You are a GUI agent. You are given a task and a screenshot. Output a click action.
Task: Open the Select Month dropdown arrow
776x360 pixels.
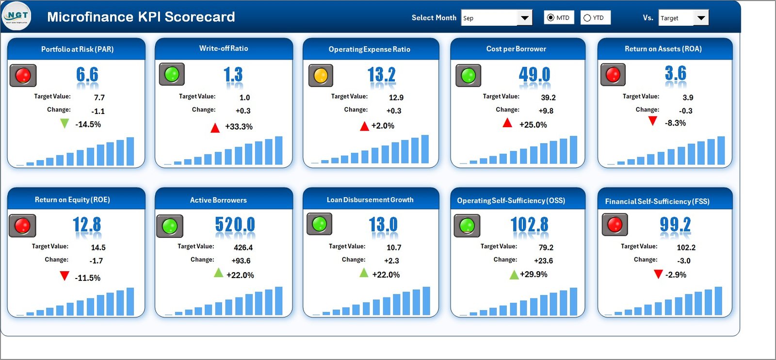[524, 18]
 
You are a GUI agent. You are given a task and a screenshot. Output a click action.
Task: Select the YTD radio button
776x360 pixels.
[587, 18]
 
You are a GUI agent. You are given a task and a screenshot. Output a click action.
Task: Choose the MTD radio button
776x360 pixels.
[550, 18]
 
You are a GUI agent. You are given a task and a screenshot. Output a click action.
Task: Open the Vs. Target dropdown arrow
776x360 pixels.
[701, 18]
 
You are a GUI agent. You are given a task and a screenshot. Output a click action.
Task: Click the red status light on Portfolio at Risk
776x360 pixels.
[23, 75]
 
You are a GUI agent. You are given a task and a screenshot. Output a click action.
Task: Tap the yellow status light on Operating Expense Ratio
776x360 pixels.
[321, 76]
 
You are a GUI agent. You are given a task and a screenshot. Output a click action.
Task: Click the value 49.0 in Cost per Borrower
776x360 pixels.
[534, 74]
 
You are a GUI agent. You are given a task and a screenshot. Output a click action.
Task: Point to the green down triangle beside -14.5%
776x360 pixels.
[64, 124]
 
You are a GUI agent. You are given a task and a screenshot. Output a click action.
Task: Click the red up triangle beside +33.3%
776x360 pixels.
[215, 128]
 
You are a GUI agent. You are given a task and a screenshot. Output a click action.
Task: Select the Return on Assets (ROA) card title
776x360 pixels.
[663, 49]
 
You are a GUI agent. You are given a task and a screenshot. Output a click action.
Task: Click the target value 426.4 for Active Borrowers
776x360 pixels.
[243, 247]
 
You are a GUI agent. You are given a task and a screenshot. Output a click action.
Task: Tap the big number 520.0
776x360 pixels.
[235, 225]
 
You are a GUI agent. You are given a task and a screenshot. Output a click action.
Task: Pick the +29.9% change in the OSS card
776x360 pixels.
[533, 274]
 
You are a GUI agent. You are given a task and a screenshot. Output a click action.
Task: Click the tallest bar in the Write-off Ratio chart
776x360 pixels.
[278, 150]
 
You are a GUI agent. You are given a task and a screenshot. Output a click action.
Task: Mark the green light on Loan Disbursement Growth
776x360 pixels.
[319, 224]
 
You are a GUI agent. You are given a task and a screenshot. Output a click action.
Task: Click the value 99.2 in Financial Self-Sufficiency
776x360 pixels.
[675, 224]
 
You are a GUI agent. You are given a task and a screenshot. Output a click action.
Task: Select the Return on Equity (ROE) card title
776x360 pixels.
[72, 200]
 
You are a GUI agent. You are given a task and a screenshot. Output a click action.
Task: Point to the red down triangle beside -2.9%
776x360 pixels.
[658, 274]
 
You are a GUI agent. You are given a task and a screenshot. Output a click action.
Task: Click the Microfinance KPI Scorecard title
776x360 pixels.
[141, 17]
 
